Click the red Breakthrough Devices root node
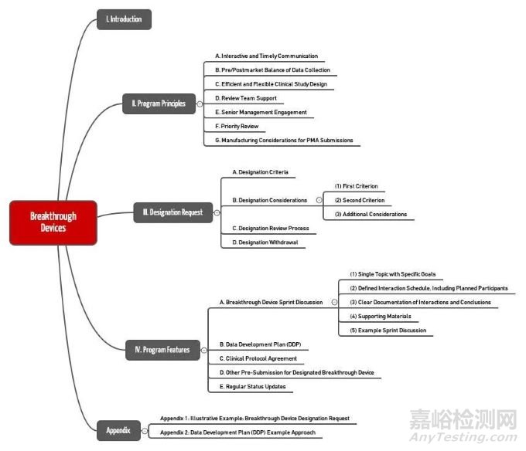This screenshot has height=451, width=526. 53,222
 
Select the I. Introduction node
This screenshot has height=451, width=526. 124,19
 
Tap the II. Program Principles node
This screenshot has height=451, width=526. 157,103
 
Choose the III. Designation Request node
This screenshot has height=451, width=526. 172,212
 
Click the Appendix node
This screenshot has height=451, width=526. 118,430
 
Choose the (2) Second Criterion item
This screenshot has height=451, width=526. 360,200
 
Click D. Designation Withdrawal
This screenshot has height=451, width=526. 264,242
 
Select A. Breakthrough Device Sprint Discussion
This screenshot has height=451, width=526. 271,302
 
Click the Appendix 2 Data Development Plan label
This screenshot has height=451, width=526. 237,432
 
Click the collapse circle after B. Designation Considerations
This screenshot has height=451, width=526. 318,199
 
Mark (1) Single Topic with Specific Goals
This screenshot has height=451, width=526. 392,274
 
